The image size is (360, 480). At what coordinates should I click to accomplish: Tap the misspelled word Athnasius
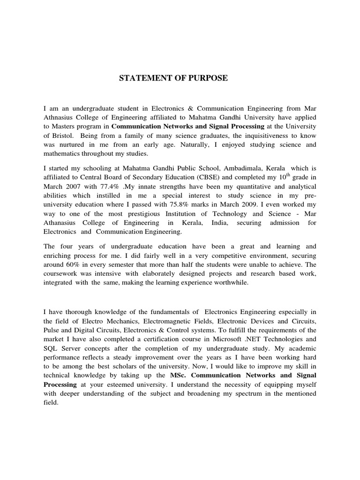(x=60, y=117)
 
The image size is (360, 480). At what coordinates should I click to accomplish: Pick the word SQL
(x=50, y=348)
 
